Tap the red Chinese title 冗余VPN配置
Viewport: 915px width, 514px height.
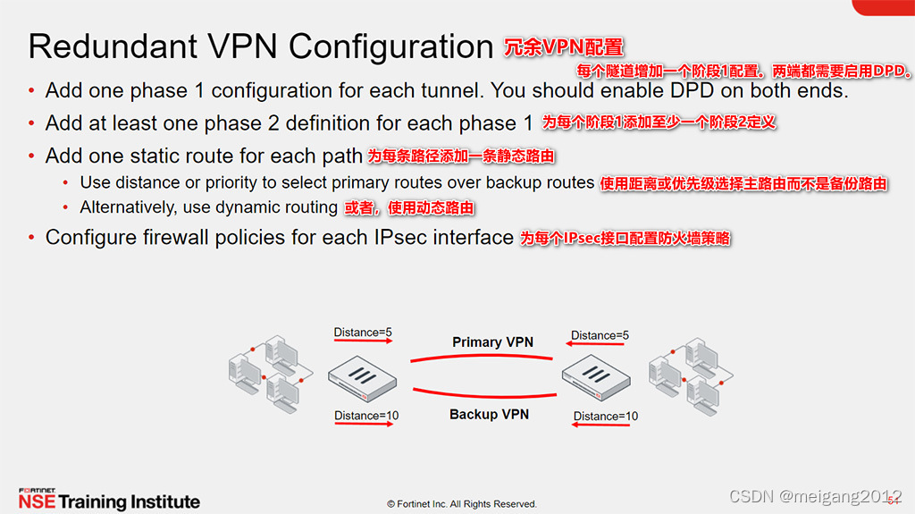(564, 46)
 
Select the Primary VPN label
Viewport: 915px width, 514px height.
(492, 342)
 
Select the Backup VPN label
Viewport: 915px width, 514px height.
(489, 415)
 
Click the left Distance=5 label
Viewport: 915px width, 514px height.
(363, 333)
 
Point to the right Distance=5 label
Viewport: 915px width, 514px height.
(600, 335)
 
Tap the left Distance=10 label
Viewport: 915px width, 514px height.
(366, 416)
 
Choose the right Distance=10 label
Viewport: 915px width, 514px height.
(606, 416)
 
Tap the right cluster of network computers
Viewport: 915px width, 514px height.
(688, 373)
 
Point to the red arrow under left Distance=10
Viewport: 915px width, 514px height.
(365, 426)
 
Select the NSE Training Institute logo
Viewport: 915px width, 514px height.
(109, 500)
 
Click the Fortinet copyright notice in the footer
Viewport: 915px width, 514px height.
(462, 504)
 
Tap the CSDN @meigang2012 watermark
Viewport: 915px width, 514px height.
(815, 496)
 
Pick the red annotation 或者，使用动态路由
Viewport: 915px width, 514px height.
(409, 207)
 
